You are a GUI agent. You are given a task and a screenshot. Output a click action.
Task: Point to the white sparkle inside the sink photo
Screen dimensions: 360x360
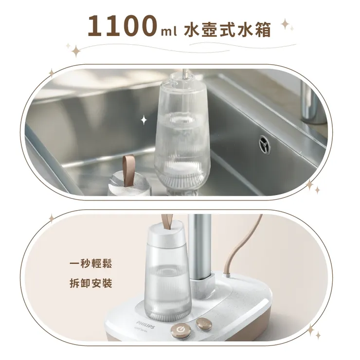(144, 120)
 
